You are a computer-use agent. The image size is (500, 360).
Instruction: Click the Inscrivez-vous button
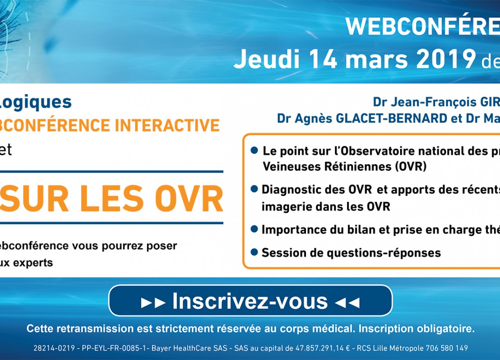pos(250,301)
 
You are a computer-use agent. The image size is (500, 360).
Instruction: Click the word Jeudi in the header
pos(267,59)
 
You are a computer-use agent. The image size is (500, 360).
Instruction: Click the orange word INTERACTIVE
pos(167,125)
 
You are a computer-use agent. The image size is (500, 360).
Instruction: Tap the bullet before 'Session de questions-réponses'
pos(254,252)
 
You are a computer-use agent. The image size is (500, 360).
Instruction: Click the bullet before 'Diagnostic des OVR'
pos(254,189)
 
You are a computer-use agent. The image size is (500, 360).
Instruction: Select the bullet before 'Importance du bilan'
pos(254,229)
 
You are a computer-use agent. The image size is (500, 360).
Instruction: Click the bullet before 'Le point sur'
pos(254,150)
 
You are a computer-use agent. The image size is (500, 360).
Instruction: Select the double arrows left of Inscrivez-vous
pos(153,303)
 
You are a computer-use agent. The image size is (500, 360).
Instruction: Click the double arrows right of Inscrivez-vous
pos(347,303)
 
